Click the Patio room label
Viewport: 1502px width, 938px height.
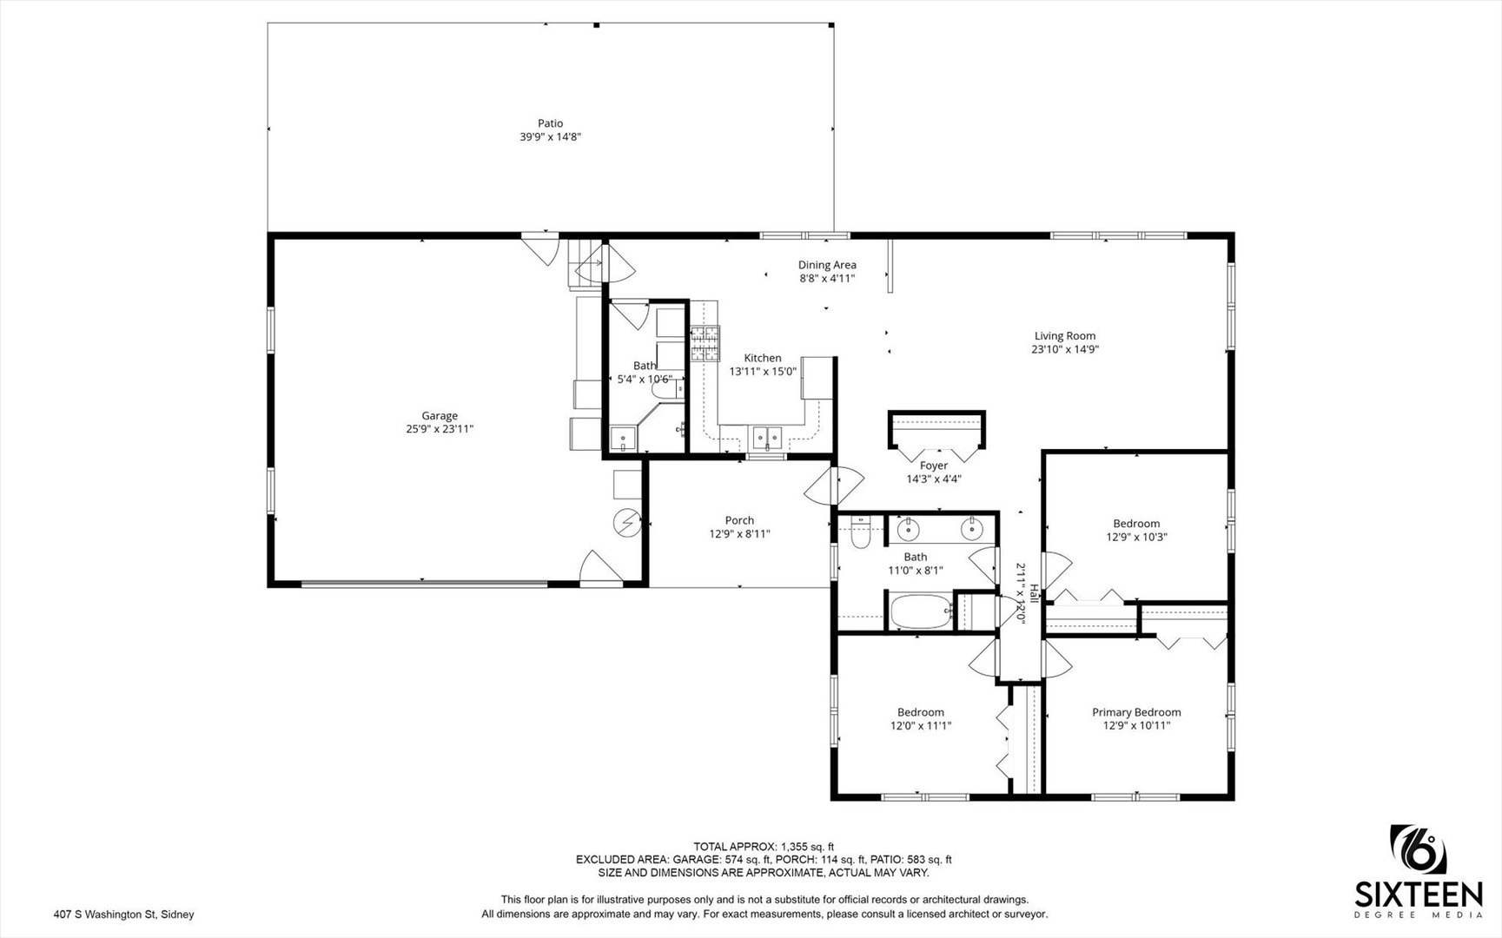click(550, 123)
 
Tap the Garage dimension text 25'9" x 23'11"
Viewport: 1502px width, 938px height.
click(440, 429)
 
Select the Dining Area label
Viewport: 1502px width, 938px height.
click(827, 265)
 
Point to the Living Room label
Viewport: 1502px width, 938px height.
click(1065, 336)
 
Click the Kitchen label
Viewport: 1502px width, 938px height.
click(763, 358)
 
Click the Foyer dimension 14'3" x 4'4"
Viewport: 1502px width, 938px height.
click(934, 479)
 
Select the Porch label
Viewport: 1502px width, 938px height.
click(740, 520)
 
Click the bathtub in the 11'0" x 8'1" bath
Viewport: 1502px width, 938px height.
click(919, 611)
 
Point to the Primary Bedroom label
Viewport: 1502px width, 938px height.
click(1136, 712)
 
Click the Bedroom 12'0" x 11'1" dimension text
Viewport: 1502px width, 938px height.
click(921, 726)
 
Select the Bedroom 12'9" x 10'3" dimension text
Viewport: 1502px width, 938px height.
click(1136, 537)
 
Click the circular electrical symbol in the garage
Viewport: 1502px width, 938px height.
click(625, 522)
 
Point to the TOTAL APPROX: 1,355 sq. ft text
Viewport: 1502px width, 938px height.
click(764, 847)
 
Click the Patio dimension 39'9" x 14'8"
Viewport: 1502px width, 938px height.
click(550, 137)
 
